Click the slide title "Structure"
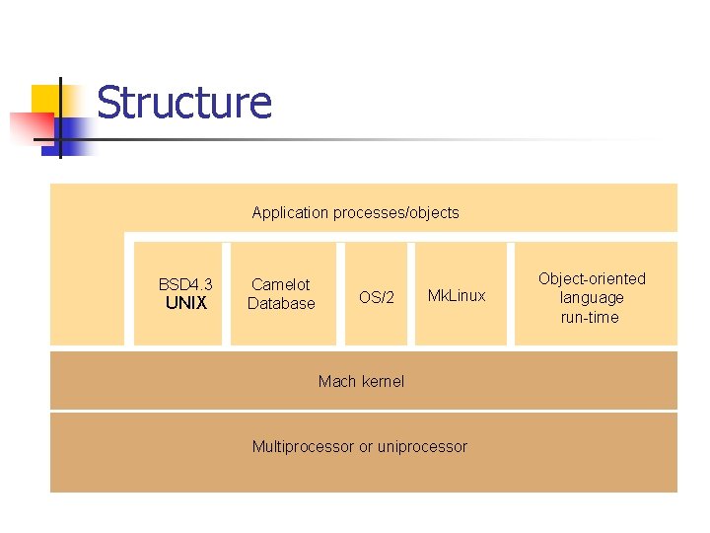(183, 103)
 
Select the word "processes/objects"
(395, 212)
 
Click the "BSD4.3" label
(185, 284)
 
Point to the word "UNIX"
(185, 303)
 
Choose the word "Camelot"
(281, 284)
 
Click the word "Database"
(281, 303)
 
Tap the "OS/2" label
(376, 297)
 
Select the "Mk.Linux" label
(456, 296)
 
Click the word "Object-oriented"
(592, 278)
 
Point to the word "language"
(592, 297)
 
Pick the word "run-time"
(590, 317)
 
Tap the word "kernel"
(383, 381)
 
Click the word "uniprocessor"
(422, 446)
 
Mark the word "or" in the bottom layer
(366, 447)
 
